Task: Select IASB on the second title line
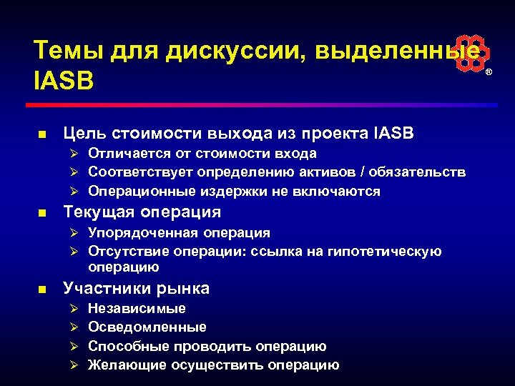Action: [64, 81]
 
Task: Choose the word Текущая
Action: [99, 212]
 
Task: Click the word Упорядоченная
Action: [143, 232]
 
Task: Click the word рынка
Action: [185, 289]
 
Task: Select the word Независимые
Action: [137, 309]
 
